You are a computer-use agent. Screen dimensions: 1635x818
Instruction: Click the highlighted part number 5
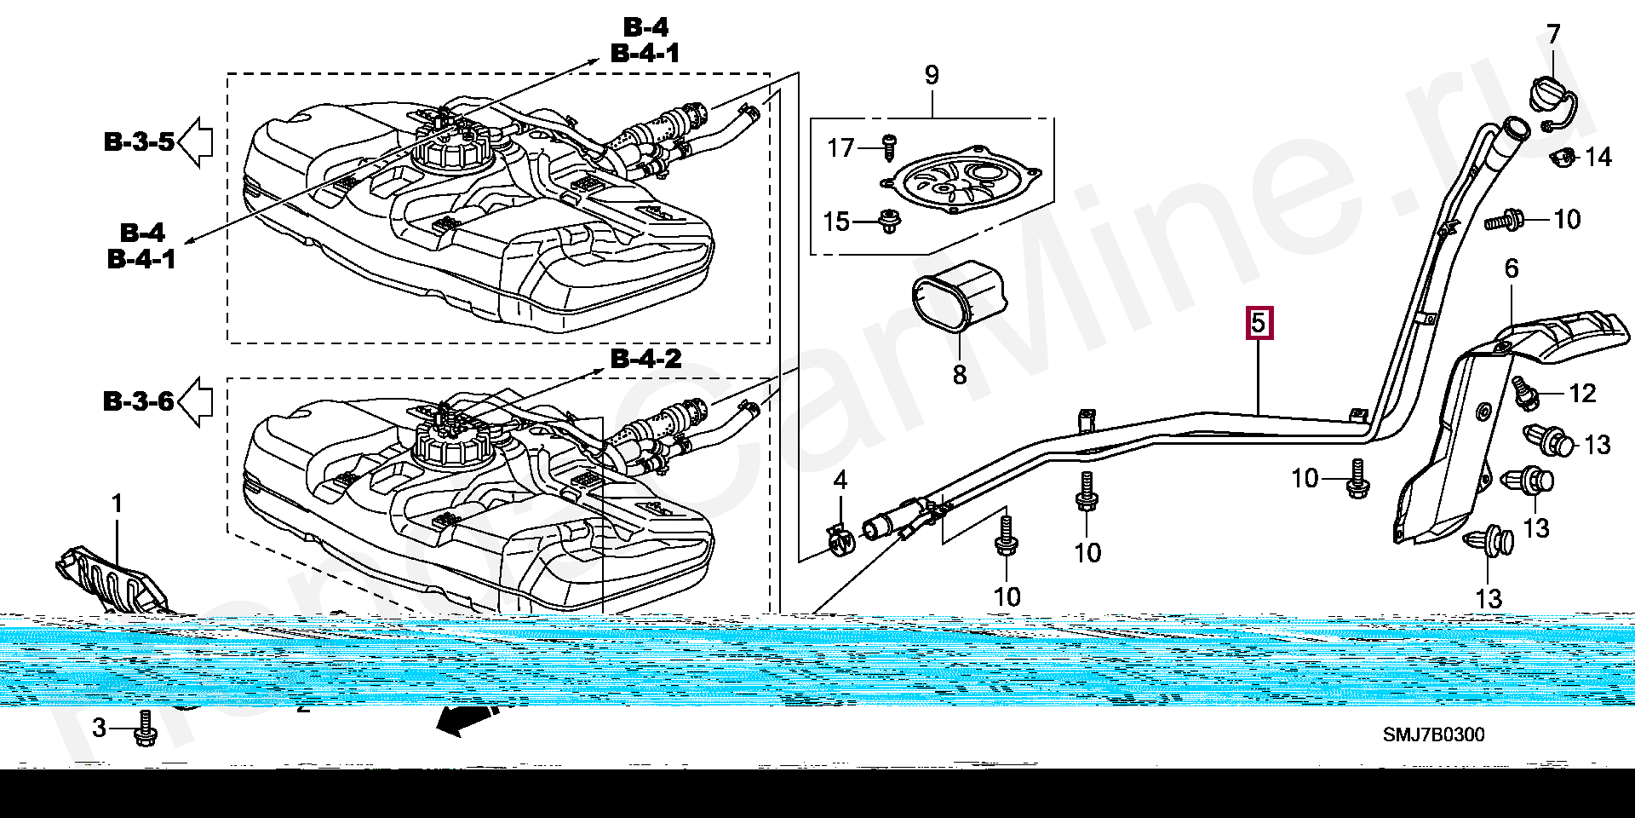click(1259, 324)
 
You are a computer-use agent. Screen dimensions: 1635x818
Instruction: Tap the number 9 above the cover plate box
click(932, 75)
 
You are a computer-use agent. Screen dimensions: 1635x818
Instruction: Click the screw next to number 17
click(888, 148)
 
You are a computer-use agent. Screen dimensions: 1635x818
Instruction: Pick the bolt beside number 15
click(890, 221)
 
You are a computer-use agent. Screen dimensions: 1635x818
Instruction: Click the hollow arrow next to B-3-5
click(195, 141)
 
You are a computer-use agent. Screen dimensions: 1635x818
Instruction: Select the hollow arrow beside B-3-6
click(195, 400)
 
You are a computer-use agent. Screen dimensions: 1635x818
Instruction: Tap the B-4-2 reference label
click(646, 359)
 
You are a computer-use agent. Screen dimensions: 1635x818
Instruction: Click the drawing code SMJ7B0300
click(1433, 734)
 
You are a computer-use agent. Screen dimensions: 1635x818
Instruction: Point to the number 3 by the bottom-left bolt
click(100, 728)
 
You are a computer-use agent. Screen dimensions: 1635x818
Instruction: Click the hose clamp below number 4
click(840, 540)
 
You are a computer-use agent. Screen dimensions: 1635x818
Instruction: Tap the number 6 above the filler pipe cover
click(1512, 268)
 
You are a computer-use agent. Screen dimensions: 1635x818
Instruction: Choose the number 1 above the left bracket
click(118, 504)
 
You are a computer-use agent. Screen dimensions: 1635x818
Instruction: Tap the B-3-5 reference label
click(140, 141)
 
